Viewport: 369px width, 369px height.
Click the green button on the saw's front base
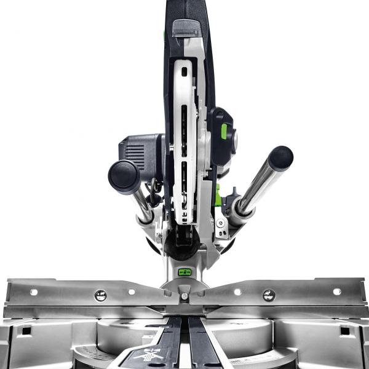(x=184, y=271)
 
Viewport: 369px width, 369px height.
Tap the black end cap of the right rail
(x=280, y=158)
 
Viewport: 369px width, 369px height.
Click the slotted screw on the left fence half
(x=100, y=296)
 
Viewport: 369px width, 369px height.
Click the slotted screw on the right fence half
(x=269, y=295)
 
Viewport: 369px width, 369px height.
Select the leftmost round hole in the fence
(x=33, y=292)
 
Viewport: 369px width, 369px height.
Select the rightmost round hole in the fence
(x=336, y=292)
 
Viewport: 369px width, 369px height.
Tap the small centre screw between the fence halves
(x=184, y=296)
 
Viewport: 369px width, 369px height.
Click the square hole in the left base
(x=25, y=330)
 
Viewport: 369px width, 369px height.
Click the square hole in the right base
(x=344, y=330)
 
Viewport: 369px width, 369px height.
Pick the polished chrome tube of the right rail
(x=256, y=184)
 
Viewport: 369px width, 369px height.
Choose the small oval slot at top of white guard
(x=183, y=72)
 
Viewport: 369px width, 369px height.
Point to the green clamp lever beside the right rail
(x=218, y=190)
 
